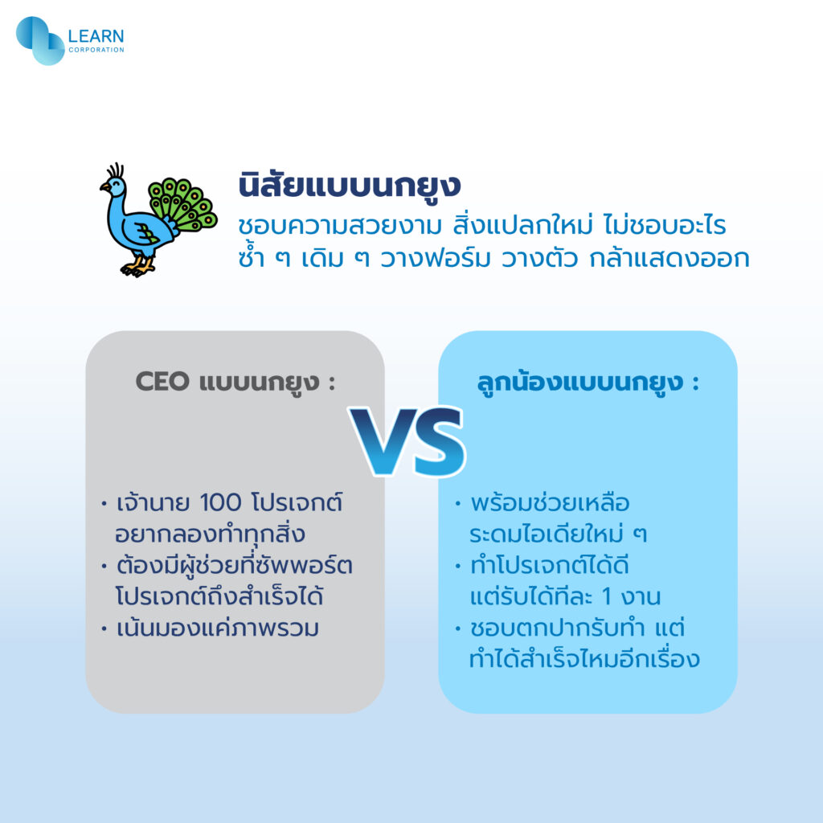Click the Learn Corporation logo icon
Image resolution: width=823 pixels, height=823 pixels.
click(x=40, y=41)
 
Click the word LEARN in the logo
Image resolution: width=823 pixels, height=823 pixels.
click(x=96, y=36)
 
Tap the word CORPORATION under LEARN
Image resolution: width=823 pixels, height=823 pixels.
click(x=96, y=50)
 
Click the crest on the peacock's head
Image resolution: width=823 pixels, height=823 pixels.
click(x=116, y=170)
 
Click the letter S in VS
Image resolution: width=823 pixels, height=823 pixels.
click(x=438, y=441)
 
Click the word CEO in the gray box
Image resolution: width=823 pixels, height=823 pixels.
click(x=162, y=381)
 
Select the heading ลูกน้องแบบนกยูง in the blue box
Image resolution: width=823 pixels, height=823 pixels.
click(x=580, y=382)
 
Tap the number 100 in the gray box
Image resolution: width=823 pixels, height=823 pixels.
click(x=221, y=502)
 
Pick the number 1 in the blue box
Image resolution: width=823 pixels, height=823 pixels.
click(x=608, y=597)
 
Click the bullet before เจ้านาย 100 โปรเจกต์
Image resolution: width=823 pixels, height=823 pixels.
click(x=104, y=504)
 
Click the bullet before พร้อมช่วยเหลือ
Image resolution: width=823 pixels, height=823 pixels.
click(x=457, y=504)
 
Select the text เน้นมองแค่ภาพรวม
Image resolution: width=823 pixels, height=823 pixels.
click(x=217, y=628)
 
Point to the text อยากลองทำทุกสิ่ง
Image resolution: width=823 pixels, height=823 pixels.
click(x=210, y=534)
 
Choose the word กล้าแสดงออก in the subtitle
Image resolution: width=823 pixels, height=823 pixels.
click(x=669, y=258)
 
